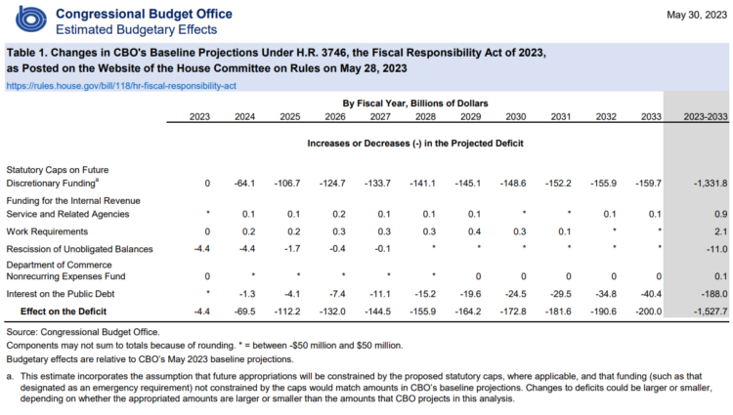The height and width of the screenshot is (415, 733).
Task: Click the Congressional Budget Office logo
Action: coord(31,21)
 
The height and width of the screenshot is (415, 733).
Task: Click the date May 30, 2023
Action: coord(697,15)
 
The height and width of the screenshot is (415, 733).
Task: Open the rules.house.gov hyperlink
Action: coord(121,86)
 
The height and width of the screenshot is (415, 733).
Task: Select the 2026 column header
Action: coord(334,117)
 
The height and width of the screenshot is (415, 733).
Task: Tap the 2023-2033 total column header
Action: coord(706,117)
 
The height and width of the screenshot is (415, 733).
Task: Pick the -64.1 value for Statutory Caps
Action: coord(244,184)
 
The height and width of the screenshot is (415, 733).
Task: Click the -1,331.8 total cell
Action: coord(711,184)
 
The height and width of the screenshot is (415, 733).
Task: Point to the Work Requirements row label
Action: coord(47,231)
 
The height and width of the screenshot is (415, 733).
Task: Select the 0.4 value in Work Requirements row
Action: coord(474,231)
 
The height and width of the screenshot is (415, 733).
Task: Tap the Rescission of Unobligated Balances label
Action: coord(79,249)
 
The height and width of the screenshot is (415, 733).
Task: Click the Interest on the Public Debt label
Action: coord(61,294)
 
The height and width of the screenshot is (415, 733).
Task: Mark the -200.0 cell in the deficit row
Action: coord(648,311)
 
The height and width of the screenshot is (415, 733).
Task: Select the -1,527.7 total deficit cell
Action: coord(711,311)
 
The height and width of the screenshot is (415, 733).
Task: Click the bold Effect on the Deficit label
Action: coord(64,311)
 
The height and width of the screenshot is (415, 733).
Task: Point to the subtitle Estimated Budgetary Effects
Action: coord(137,30)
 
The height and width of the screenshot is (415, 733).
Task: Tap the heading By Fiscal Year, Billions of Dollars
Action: coord(415,104)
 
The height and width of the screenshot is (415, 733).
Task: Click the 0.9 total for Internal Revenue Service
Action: coord(720,214)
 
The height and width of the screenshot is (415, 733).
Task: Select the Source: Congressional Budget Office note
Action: coord(83,332)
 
